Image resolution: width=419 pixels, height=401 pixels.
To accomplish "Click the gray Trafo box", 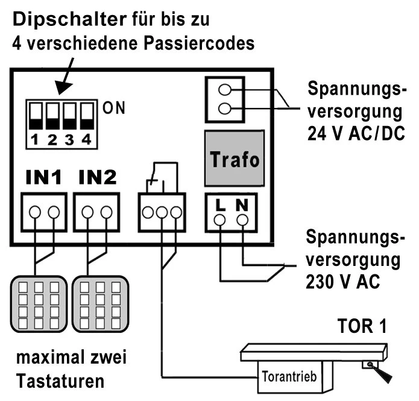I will pyautogui.click(x=234, y=159).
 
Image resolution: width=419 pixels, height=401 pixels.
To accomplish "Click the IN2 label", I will pyautogui.click(x=98, y=178).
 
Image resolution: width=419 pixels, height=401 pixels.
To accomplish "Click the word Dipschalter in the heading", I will pyautogui.click(x=66, y=19).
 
